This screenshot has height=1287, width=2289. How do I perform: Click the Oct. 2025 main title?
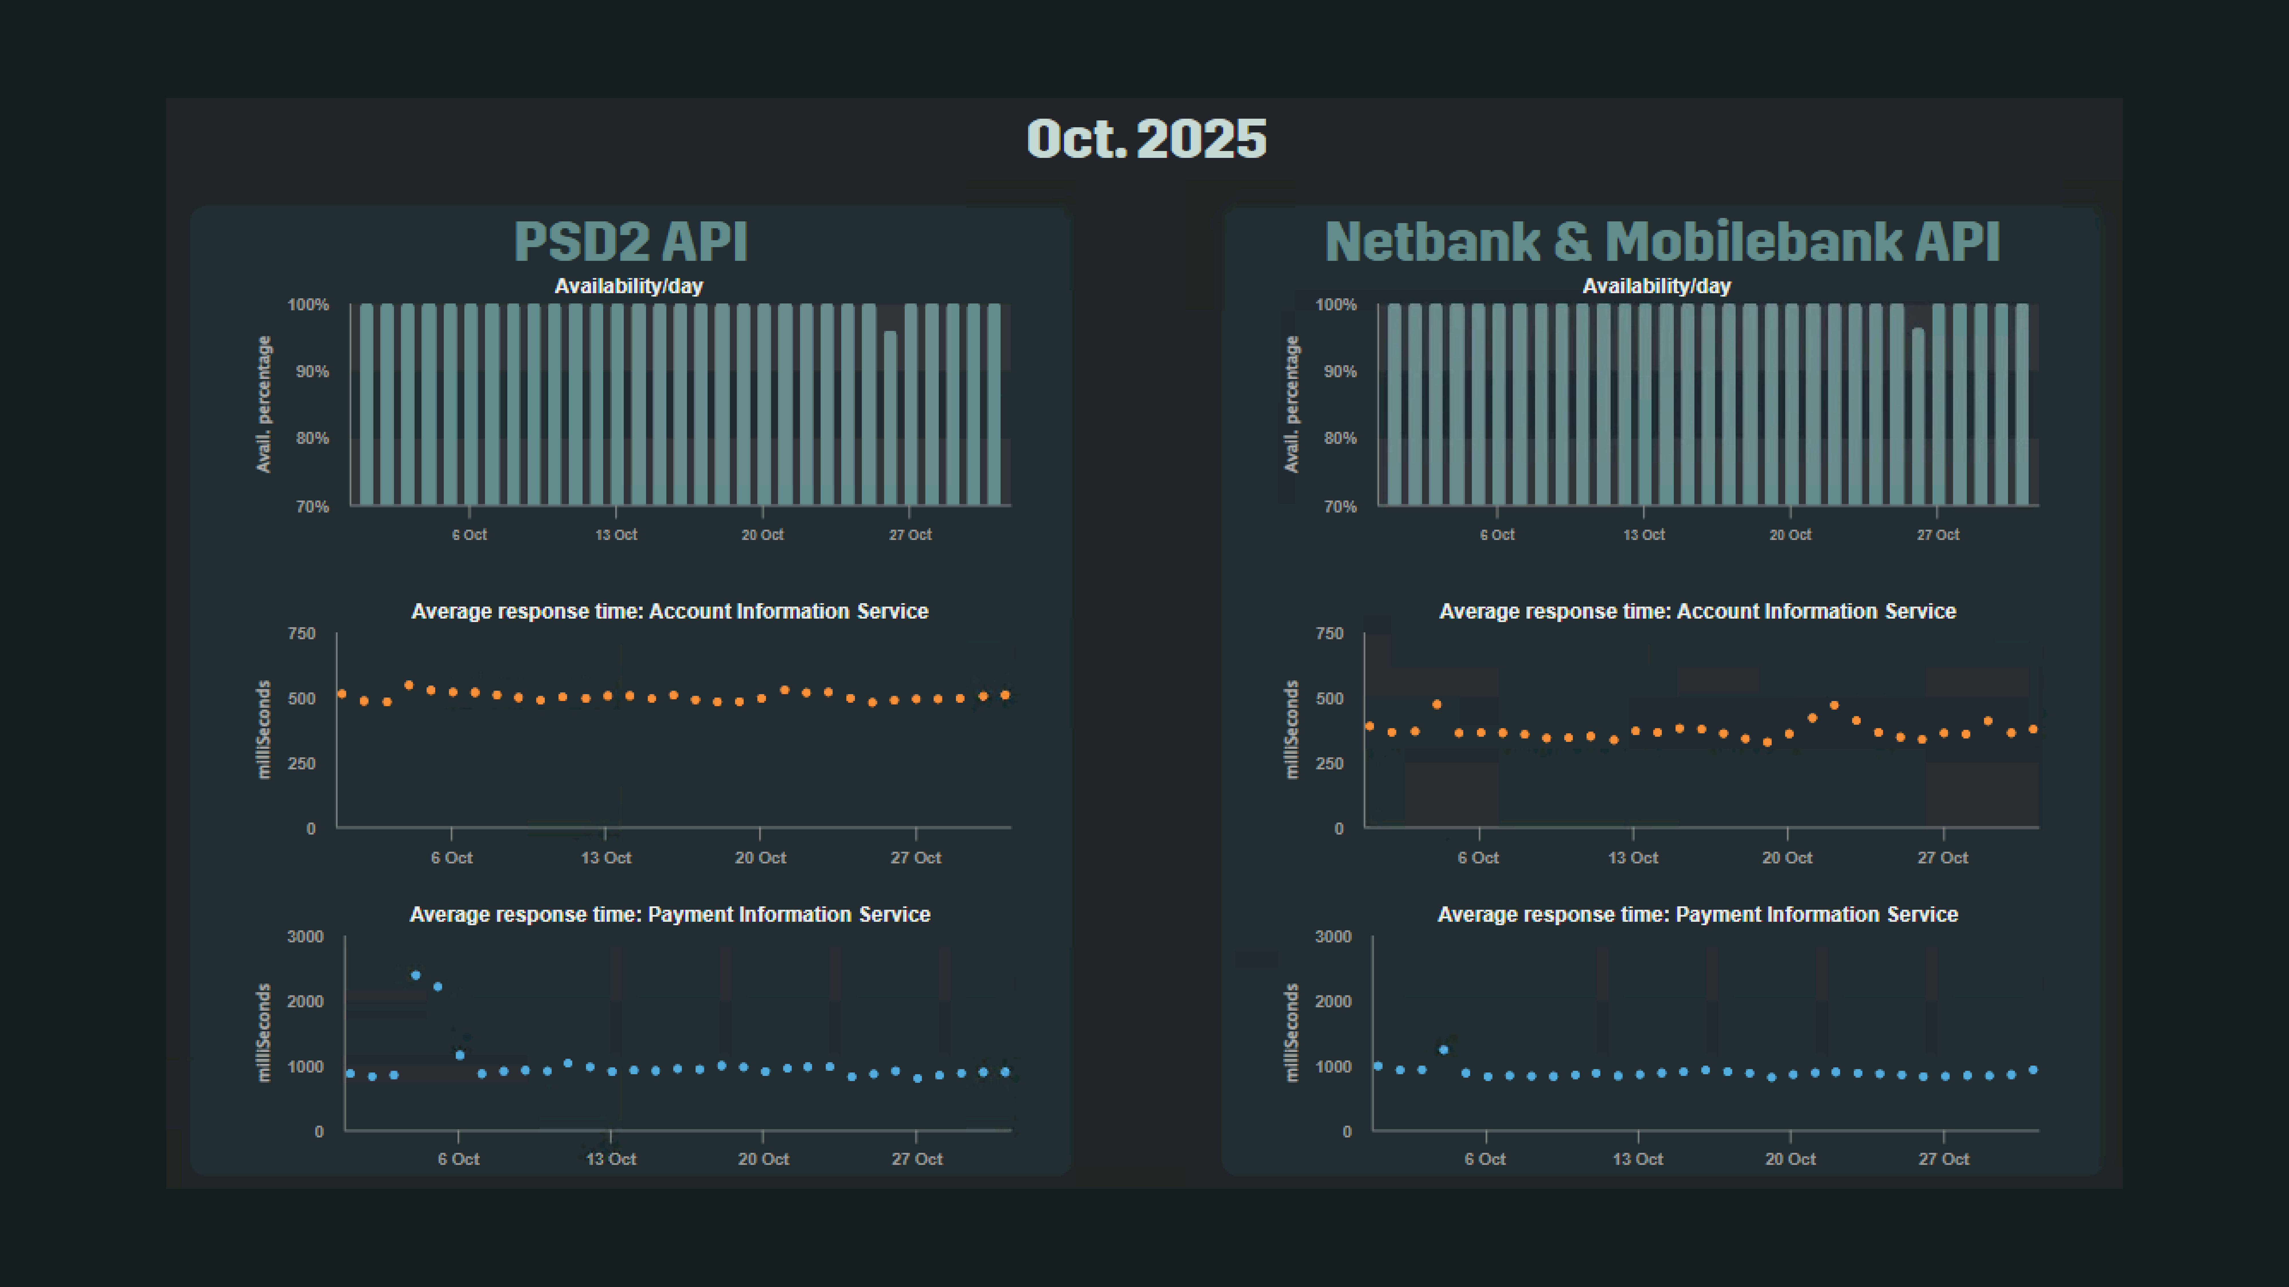pyautogui.click(x=1146, y=140)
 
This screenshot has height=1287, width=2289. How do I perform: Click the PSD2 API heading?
pyautogui.click(x=631, y=242)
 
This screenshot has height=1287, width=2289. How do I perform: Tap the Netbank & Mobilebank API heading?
pyautogui.click(x=1662, y=242)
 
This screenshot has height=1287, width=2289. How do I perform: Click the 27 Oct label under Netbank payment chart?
pyautogui.click(x=1943, y=1159)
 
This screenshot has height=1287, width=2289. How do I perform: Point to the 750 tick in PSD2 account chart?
pyautogui.click(x=302, y=633)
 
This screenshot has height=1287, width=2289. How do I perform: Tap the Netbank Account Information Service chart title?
pyautogui.click(x=1697, y=611)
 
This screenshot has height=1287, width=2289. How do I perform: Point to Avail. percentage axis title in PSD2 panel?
pyautogui.click(x=264, y=404)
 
